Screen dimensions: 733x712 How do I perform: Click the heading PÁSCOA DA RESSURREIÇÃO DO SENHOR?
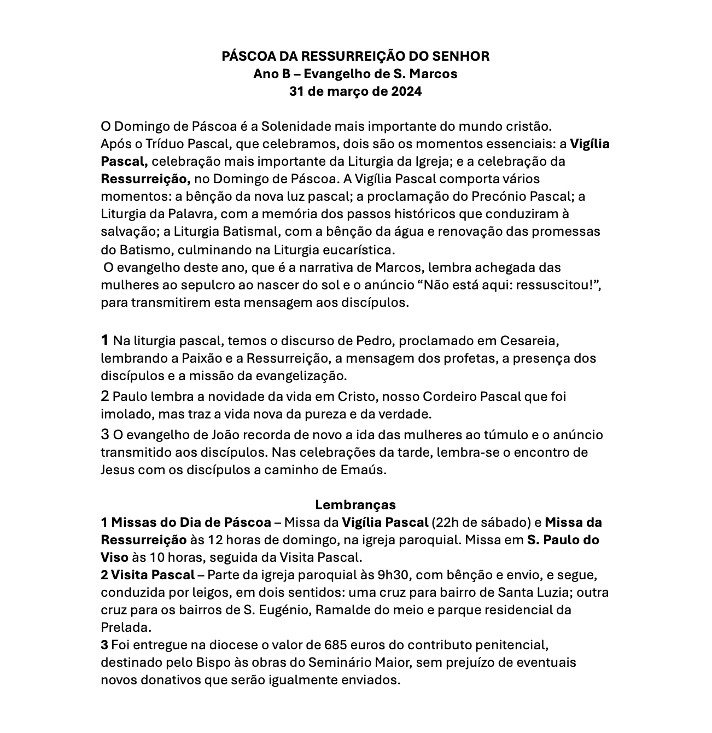(355, 56)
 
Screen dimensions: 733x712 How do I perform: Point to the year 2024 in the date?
(406, 91)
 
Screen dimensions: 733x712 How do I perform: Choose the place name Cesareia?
(529, 341)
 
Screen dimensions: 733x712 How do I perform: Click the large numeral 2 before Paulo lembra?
(105, 395)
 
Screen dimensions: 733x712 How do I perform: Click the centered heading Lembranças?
(355, 504)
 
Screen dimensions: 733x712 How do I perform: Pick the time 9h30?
(392, 575)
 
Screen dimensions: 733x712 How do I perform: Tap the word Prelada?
(126, 627)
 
